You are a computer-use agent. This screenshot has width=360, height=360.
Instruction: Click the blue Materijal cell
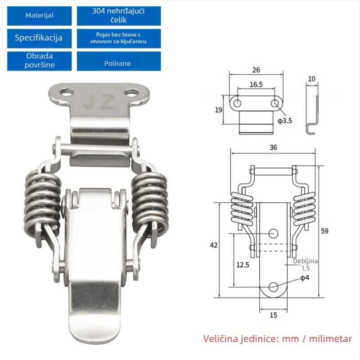coord(39,16)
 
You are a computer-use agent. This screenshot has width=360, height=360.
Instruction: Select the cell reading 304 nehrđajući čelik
coord(119,16)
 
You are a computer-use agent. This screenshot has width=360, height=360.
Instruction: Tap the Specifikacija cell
coord(39,38)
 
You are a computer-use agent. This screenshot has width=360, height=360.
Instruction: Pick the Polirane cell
coord(119,61)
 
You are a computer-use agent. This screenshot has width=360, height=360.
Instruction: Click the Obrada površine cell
coord(39,61)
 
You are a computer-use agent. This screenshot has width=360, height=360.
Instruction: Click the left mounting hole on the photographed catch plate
coord(67,93)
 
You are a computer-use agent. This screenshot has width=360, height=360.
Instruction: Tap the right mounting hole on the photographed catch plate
coord(131,93)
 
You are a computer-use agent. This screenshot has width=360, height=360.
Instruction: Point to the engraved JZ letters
coord(99,102)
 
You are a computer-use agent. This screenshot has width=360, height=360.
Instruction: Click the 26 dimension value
coord(256,70)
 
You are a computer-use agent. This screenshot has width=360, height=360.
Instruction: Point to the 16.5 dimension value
coord(256,85)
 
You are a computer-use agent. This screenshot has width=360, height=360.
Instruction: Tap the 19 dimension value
coord(218,110)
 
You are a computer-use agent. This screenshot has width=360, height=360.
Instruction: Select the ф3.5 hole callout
coord(285,121)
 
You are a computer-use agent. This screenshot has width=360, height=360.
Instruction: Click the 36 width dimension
coord(273,148)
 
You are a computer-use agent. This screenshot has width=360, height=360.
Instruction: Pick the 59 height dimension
coord(324,231)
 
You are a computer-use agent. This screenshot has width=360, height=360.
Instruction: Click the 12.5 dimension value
coord(243,265)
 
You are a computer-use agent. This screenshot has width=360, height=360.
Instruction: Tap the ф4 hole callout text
coord(305,278)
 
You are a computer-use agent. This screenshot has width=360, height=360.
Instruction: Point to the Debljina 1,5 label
coord(306,265)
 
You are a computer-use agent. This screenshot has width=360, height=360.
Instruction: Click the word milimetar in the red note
coord(330,339)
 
